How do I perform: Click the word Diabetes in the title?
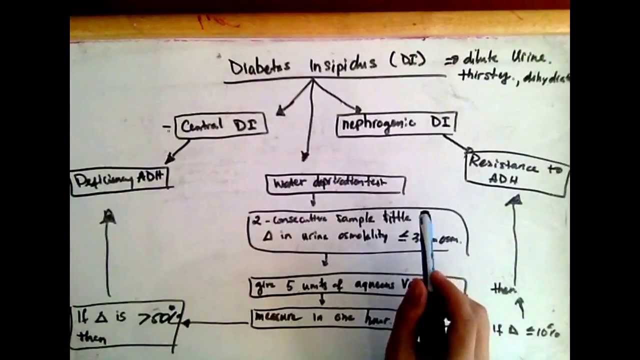(x=259, y=67)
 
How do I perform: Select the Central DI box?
(x=220, y=125)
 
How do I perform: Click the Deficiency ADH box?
(x=120, y=180)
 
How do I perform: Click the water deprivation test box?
(x=335, y=183)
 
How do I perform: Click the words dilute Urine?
(x=505, y=58)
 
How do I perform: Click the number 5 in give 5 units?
(x=290, y=285)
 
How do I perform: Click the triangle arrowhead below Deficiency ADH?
(x=108, y=216)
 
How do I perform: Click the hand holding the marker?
(x=445, y=315)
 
